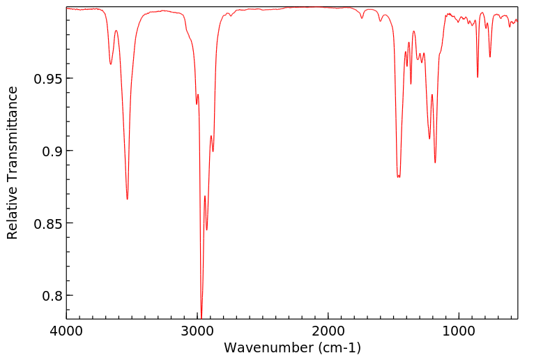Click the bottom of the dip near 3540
127,200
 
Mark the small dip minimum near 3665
111,65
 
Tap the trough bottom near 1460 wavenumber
398,177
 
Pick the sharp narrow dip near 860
478,77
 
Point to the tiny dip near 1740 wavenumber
362,17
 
